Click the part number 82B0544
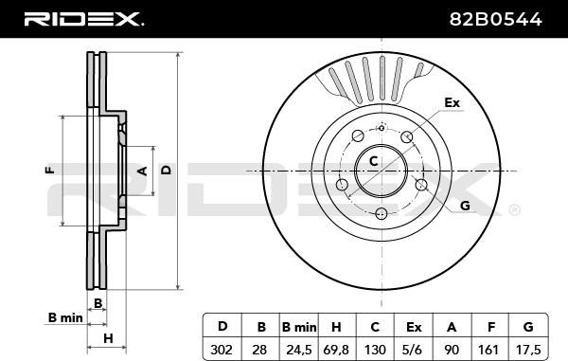tap(495, 19)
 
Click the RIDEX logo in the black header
tap(83, 19)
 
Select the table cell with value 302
tap(222, 350)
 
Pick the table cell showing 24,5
tap(299, 350)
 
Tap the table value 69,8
tap(336, 350)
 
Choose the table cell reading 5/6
tap(414, 350)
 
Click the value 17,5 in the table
tap(528, 350)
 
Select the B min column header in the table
tap(299, 327)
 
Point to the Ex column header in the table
tap(414, 327)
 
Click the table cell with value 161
tap(489, 350)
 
